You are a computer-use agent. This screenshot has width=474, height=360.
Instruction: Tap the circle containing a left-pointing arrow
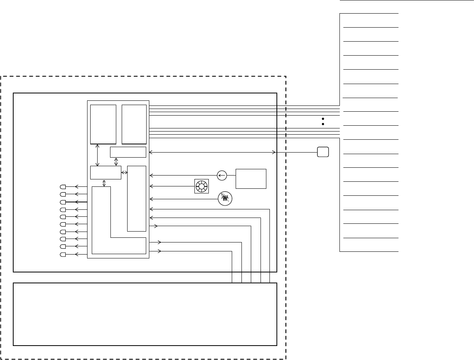click(x=222, y=176)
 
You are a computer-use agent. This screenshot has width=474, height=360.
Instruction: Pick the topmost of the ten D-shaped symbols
click(x=63, y=187)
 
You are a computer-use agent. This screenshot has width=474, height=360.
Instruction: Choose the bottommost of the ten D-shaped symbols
click(x=63, y=255)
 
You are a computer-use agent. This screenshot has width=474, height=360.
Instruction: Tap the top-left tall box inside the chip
click(x=103, y=124)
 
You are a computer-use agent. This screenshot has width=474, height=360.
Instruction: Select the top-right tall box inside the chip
click(x=134, y=124)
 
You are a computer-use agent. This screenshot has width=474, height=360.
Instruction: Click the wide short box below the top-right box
click(x=128, y=152)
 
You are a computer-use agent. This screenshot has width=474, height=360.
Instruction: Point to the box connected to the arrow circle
click(x=251, y=179)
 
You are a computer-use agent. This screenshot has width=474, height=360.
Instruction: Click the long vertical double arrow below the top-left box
click(x=97, y=155)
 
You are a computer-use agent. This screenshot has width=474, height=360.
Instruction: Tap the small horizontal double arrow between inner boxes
click(x=124, y=172)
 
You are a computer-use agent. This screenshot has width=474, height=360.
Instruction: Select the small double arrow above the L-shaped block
click(x=104, y=183)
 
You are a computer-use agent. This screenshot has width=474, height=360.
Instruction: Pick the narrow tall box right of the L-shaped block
click(x=136, y=198)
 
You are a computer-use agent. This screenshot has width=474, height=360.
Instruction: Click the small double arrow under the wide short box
click(x=116, y=162)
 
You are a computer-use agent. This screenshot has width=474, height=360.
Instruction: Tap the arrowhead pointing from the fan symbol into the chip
click(x=151, y=186)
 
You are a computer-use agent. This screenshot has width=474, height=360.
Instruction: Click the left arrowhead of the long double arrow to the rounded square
click(x=151, y=152)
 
